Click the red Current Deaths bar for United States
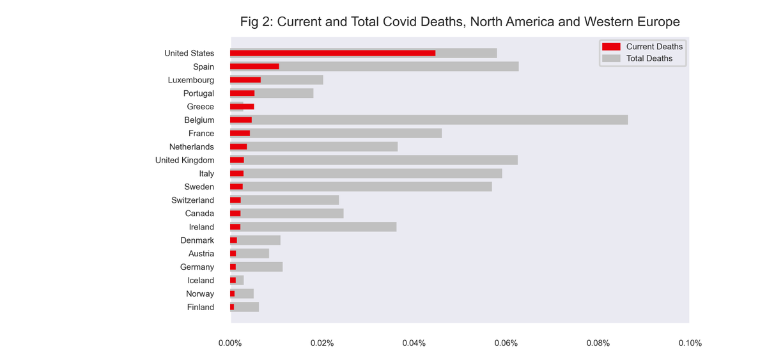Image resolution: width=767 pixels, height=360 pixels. [332, 53]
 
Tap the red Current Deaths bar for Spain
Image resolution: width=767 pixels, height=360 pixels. [254, 67]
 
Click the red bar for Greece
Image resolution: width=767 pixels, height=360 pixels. [242, 107]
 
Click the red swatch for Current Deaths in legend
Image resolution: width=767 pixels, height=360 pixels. [611, 47]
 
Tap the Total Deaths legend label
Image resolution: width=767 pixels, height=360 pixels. [649, 58]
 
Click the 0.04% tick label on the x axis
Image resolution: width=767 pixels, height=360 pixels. [414, 343]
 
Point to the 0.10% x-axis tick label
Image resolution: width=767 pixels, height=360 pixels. [690, 343]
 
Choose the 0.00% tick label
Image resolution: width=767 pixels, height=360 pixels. [230, 343]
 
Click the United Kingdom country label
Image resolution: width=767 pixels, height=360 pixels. [185, 160]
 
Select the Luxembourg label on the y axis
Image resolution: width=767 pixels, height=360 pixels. [191, 80]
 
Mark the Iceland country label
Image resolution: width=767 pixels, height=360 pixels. [201, 281]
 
